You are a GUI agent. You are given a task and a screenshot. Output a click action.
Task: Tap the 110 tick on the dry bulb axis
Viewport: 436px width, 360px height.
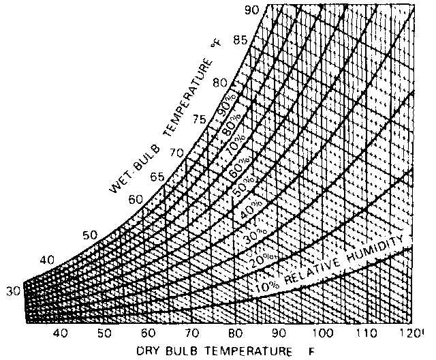point(368,333)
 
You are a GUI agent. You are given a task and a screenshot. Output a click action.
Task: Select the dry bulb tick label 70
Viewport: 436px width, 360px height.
point(191,333)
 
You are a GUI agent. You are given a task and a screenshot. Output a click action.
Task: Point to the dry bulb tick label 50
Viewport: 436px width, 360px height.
point(104,333)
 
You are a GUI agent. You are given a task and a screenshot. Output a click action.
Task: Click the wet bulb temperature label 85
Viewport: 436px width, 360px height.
point(239,39)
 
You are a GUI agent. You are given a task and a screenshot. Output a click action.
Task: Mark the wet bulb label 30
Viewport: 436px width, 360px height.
point(13,291)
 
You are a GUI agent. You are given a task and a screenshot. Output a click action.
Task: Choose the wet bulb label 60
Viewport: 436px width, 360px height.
point(135,199)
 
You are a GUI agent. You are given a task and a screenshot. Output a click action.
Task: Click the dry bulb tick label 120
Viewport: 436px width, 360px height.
point(411,333)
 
